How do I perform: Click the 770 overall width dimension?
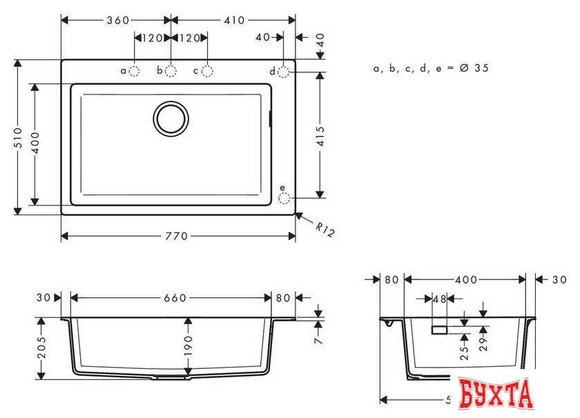[x=177, y=237]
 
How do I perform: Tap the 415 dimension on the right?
[x=320, y=134]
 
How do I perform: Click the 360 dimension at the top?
[x=117, y=20]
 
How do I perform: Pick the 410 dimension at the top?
[x=233, y=20]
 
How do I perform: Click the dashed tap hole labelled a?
[x=134, y=70]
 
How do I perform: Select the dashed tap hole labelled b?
[x=171, y=70]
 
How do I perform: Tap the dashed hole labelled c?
[x=206, y=70]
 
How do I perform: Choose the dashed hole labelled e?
[x=284, y=199]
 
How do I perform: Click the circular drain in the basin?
[x=171, y=118]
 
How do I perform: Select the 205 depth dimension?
[x=42, y=349]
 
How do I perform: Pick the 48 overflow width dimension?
[x=438, y=299]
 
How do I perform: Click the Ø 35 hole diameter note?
[x=432, y=68]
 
